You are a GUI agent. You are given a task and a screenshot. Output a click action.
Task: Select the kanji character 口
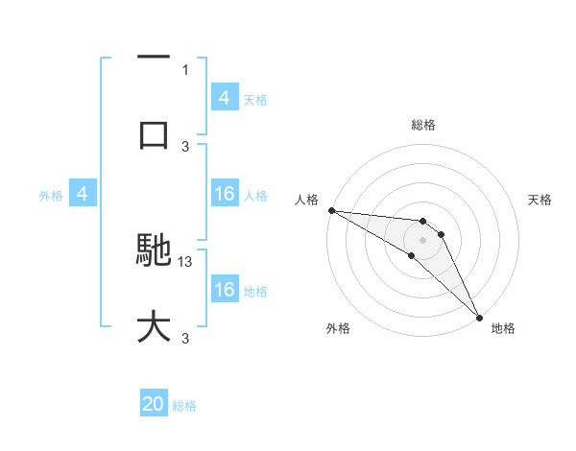(154, 133)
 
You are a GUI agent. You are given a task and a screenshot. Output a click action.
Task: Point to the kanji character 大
(154, 326)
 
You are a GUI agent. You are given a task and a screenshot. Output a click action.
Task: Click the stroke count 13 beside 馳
(186, 261)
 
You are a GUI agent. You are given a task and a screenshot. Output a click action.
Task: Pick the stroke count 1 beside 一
(186, 69)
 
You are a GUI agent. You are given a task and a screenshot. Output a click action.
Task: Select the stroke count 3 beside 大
(186, 338)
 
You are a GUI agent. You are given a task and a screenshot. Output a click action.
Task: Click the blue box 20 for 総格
(154, 405)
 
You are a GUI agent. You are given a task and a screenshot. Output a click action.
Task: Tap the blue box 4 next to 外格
(83, 195)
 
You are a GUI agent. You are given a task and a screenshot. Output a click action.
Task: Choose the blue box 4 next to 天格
(225, 98)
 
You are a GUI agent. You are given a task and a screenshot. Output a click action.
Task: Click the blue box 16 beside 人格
(225, 195)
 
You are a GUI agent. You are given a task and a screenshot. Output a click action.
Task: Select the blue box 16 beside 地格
(225, 290)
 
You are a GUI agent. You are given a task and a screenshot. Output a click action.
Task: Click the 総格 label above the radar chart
(423, 125)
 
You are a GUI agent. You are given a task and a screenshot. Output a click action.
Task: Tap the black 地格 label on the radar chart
(503, 328)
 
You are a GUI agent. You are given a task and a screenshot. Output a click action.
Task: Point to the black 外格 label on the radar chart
(338, 328)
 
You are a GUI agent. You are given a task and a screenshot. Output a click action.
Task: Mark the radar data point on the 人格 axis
(331, 210)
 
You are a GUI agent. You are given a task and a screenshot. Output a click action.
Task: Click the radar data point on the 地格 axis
(479, 317)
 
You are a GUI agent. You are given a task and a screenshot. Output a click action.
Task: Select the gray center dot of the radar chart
(422, 239)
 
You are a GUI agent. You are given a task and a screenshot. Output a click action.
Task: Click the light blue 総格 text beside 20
(184, 406)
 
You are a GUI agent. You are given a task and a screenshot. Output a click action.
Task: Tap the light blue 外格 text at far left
(51, 196)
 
